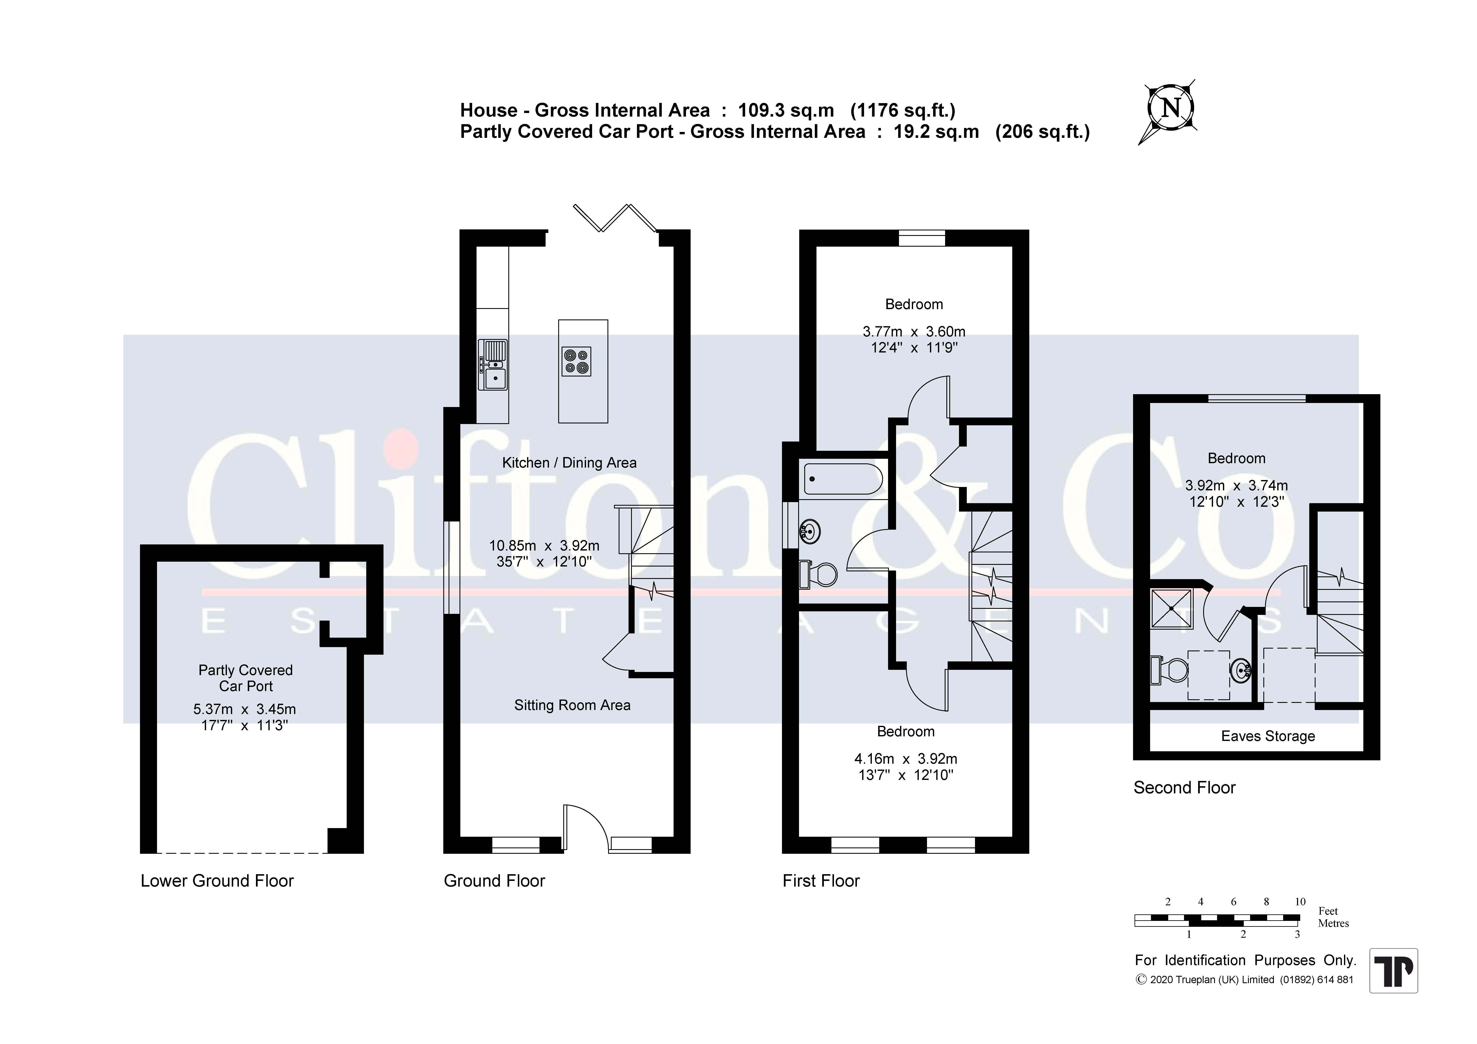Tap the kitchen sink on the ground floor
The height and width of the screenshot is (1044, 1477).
pyautogui.click(x=493, y=365)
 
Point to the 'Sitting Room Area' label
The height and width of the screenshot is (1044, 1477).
pyautogui.click(x=572, y=705)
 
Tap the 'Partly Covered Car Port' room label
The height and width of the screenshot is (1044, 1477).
pyautogui.click(x=246, y=678)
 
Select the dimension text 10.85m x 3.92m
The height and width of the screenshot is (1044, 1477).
pyautogui.click(x=544, y=545)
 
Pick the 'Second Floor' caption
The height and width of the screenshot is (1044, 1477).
pyautogui.click(x=1184, y=787)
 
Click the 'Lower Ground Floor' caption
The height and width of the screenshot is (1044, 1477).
pyautogui.click(x=217, y=881)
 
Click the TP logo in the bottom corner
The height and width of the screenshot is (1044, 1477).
pyautogui.click(x=1393, y=971)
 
